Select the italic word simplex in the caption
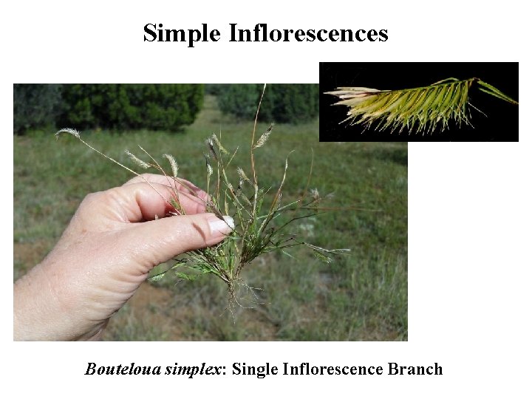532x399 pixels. click(x=196, y=369)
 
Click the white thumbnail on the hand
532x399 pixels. click(x=221, y=225)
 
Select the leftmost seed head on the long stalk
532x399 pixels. click(x=68, y=133)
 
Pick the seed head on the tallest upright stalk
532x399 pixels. click(x=264, y=135)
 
